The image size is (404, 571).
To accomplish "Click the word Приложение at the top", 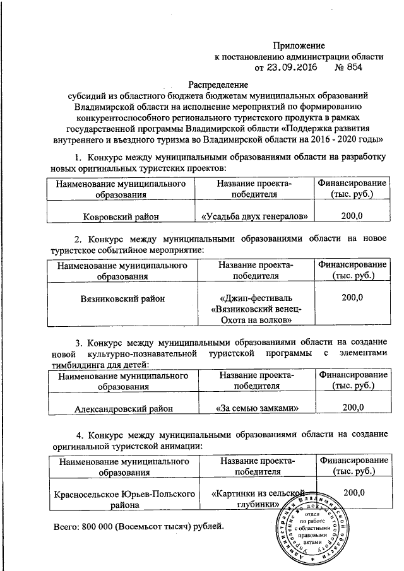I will (x=299, y=45).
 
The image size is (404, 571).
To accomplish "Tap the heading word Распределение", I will (x=220, y=84).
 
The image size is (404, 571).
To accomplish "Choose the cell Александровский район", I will (x=120, y=408).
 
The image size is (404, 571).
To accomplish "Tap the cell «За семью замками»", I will (x=256, y=408).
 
